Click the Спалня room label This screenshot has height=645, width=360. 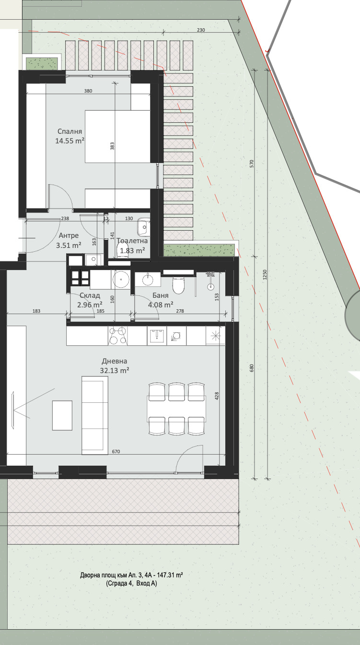point(70,131)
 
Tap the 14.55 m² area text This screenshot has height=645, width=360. point(70,141)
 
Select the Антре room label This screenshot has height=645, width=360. point(69,235)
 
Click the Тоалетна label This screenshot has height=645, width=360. point(132,241)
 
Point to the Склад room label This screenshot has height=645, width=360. point(90,295)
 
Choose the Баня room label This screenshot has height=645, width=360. point(161,295)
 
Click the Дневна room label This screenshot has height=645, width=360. point(114,361)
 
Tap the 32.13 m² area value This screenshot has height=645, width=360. point(114,371)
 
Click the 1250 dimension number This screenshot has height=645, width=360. point(265,274)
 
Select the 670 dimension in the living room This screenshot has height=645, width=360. point(116,451)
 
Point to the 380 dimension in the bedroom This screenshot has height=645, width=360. point(88,91)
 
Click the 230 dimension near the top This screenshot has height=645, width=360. point(201,30)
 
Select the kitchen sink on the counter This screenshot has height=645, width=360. point(157,336)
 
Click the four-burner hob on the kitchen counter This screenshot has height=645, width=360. point(118,336)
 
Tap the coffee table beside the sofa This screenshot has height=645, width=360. point(62,415)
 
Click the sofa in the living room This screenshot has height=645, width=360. point(95,415)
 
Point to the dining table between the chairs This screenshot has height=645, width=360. point(177,409)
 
